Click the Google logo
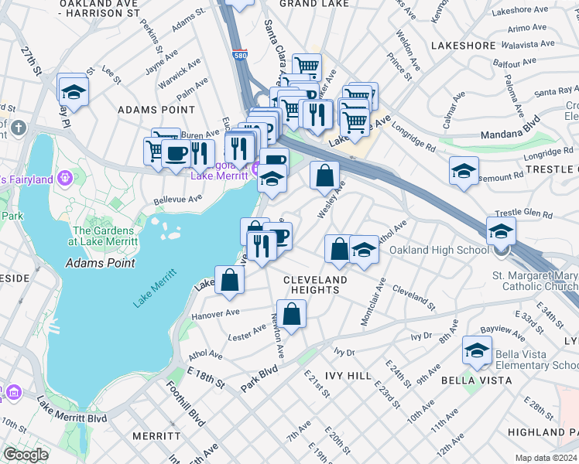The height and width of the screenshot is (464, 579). click(25, 455)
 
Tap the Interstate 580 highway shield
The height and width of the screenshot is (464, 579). click(240, 56)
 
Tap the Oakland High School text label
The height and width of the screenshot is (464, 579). click(438, 250)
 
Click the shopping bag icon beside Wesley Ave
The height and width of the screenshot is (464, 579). click(325, 175)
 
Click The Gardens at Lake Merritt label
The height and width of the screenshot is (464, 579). click(104, 236)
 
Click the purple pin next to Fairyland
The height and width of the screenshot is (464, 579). click(63, 178)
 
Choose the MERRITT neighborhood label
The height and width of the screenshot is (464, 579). click(156, 436)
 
